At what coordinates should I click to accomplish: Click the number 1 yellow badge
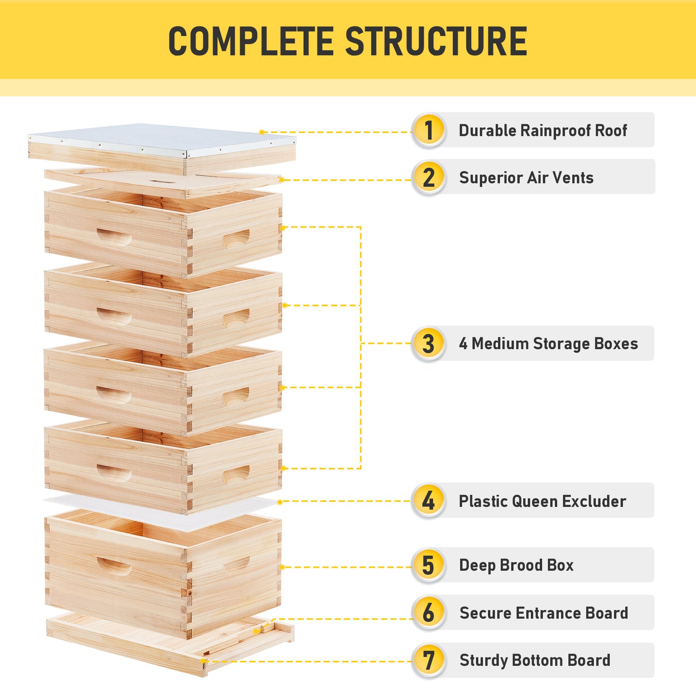click(x=428, y=130)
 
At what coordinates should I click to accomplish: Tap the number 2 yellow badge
click(x=428, y=177)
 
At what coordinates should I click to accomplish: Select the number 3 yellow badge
click(x=428, y=343)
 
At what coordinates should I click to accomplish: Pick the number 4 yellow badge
click(x=428, y=500)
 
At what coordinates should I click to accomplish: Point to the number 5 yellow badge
click(x=428, y=565)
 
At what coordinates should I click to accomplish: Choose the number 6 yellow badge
click(x=428, y=613)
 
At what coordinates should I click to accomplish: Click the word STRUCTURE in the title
click(x=436, y=41)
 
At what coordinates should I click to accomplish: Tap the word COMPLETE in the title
click(x=251, y=41)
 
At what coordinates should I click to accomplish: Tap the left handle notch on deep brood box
click(x=114, y=566)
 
